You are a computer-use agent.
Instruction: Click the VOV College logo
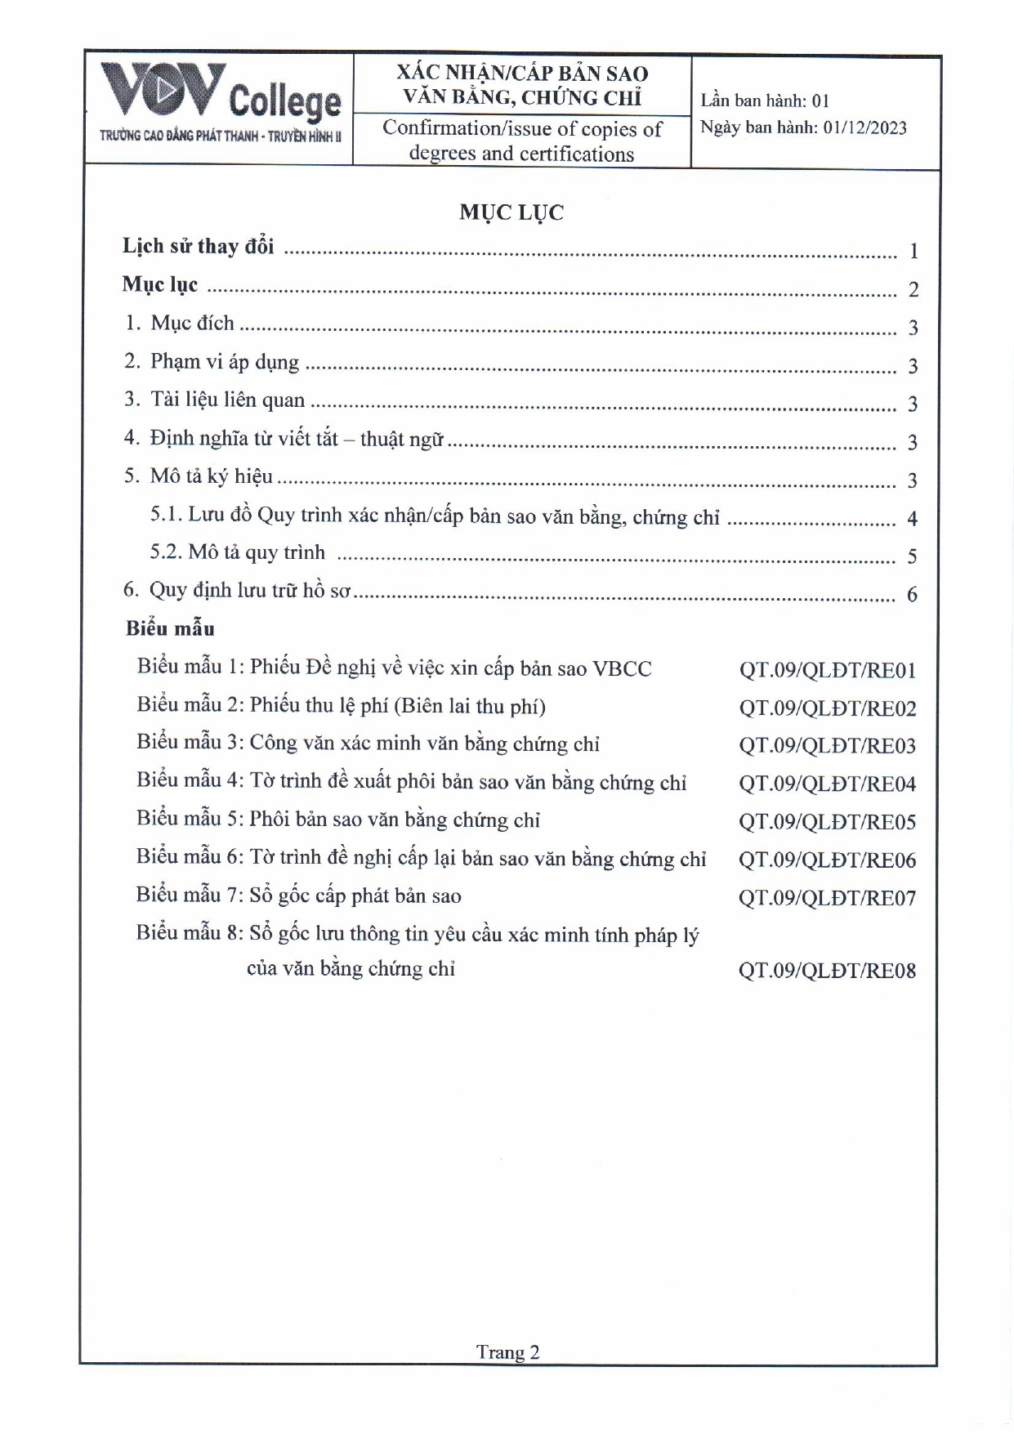220,102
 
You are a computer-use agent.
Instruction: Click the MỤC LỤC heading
511,212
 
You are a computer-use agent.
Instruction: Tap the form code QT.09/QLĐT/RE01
827,670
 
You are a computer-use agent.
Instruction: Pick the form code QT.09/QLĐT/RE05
827,822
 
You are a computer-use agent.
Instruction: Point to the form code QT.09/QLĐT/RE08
827,971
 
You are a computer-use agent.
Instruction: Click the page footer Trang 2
507,1352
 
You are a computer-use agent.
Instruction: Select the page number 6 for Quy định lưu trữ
912,595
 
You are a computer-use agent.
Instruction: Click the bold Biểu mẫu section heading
170,628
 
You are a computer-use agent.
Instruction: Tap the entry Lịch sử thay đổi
199,246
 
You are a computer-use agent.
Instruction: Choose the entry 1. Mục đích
180,323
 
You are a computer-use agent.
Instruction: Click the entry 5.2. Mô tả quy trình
237,552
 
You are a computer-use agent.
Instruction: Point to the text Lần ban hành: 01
765,101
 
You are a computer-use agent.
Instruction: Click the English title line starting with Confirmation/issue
521,129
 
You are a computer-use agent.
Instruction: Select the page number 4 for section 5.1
912,519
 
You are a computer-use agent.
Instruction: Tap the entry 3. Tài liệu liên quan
214,400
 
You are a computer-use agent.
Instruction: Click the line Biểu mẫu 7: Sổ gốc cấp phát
298,896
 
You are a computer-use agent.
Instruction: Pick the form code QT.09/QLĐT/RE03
827,746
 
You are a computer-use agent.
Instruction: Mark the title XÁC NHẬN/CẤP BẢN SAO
522,73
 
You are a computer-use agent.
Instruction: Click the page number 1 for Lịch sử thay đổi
913,252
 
